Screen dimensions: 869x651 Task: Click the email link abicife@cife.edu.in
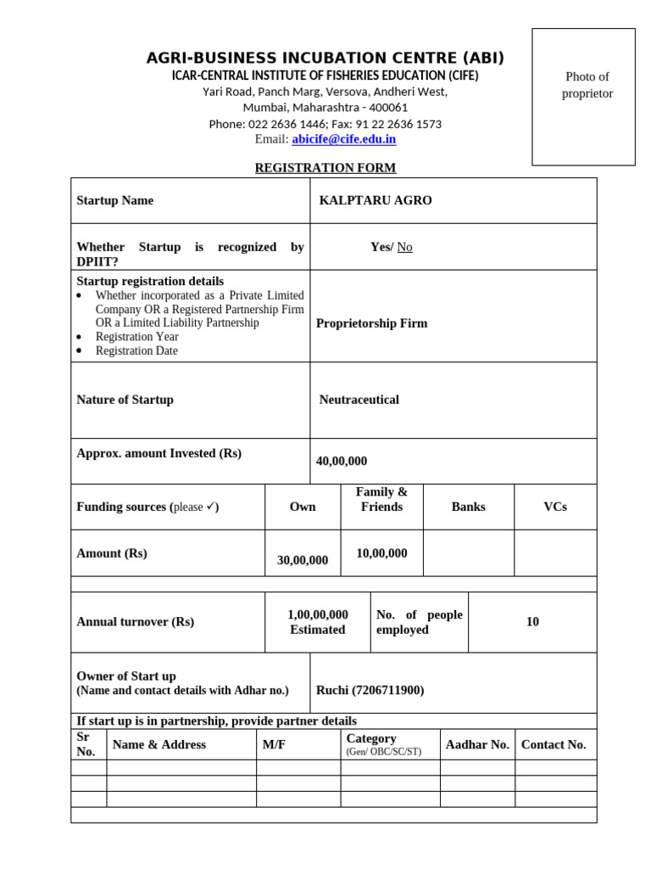(x=343, y=139)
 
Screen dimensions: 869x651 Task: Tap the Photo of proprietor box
(x=583, y=96)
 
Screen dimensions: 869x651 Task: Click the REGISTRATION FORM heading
(x=325, y=168)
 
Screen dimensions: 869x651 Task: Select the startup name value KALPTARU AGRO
(x=376, y=200)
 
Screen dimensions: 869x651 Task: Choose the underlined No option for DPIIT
(x=405, y=247)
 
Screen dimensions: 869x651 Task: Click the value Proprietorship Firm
(x=371, y=323)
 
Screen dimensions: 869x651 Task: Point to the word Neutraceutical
(x=359, y=400)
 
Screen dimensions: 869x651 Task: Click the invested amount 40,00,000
(x=342, y=461)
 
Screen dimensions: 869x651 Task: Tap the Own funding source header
(x=303, y=507)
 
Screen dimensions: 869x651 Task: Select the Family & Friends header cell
(x=381, y=499)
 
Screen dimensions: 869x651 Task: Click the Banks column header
(x=468, y=507)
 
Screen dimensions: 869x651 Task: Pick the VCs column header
(x=555, y=507)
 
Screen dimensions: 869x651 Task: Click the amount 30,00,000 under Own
(x=303, y=560)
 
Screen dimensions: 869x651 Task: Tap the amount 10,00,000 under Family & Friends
(x=381, y=553)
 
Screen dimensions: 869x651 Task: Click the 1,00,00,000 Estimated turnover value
(x=318, y=622)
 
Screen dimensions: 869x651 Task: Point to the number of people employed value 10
(x=532, y=622)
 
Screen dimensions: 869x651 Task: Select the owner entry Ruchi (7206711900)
(x=370, y=690)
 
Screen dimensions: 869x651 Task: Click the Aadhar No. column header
(x=477, y=744)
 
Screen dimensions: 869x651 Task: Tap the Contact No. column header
(x=554, y=744)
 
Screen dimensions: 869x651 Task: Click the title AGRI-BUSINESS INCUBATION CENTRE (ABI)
(x=325, y=58)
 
